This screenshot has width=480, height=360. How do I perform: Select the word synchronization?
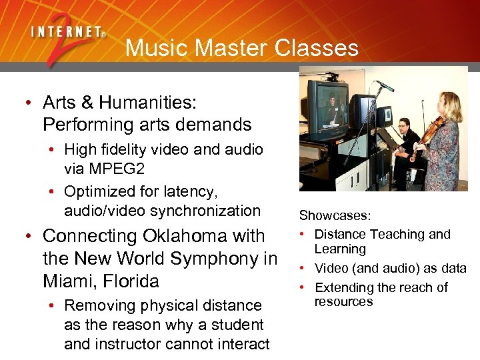tap(206, 211)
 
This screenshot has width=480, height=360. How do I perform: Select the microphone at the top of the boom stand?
tap(384, 86)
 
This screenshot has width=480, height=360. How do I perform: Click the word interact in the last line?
tap(243, 345)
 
